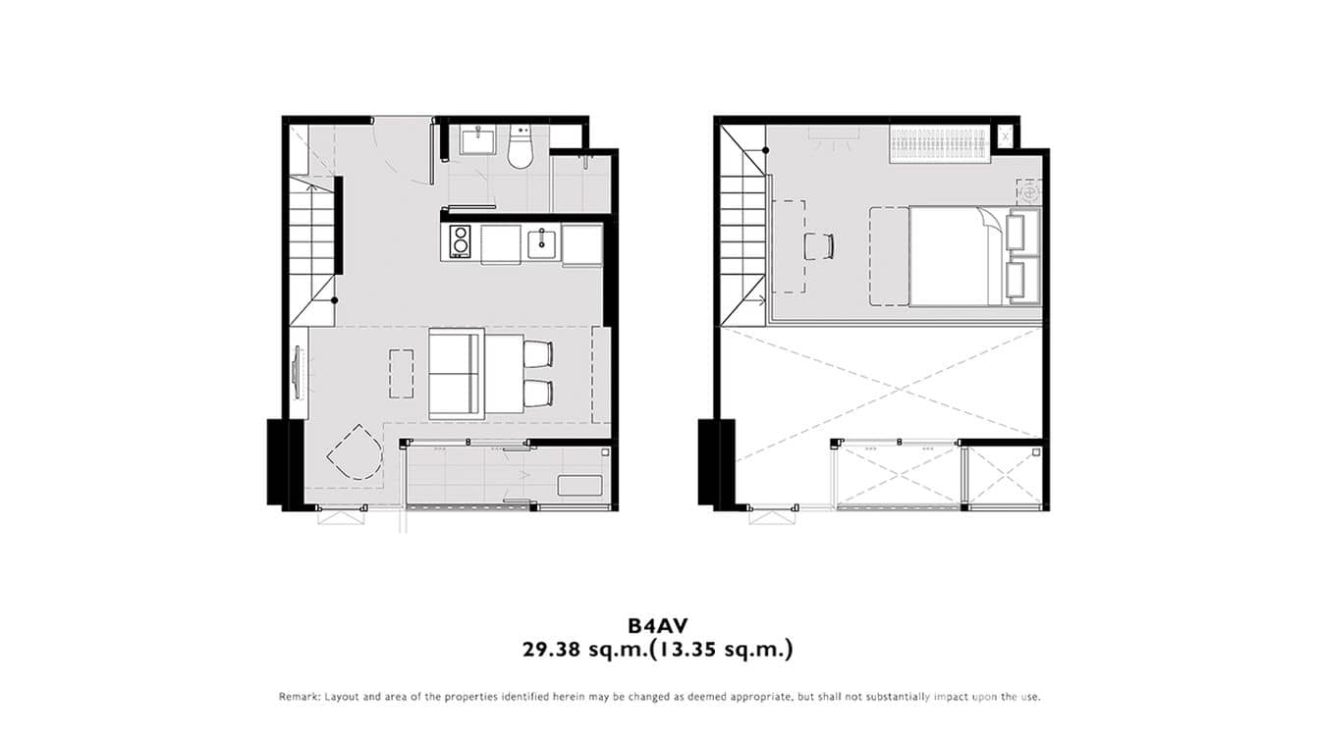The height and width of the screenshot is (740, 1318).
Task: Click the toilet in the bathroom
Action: [x=520, y=147]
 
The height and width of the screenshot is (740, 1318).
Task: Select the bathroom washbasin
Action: [x=480, y=141]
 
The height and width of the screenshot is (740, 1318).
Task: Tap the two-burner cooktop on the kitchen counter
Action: [x=460, y=241]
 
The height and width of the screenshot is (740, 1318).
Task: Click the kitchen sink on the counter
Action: [x=541, y=241]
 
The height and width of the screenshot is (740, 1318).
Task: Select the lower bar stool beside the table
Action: [x=537, y=394]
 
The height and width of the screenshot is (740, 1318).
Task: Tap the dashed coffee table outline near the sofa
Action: [x=401, y=373]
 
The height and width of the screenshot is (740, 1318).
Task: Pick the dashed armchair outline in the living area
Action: [x=353, y=453]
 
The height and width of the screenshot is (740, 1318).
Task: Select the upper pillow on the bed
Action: [x=1021, y=232]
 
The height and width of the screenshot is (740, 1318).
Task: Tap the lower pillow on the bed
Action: [x=1021, y=280]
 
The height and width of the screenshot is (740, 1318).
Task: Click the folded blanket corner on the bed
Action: [x=989, y=228]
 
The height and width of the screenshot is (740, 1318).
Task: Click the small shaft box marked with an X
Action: [x=1005, y=134]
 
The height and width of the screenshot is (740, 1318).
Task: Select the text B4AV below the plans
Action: [x=658, y=624]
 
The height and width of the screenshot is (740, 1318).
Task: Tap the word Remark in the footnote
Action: [x=299, y=697]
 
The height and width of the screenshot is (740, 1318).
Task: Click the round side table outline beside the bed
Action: [x=1028, y=193]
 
